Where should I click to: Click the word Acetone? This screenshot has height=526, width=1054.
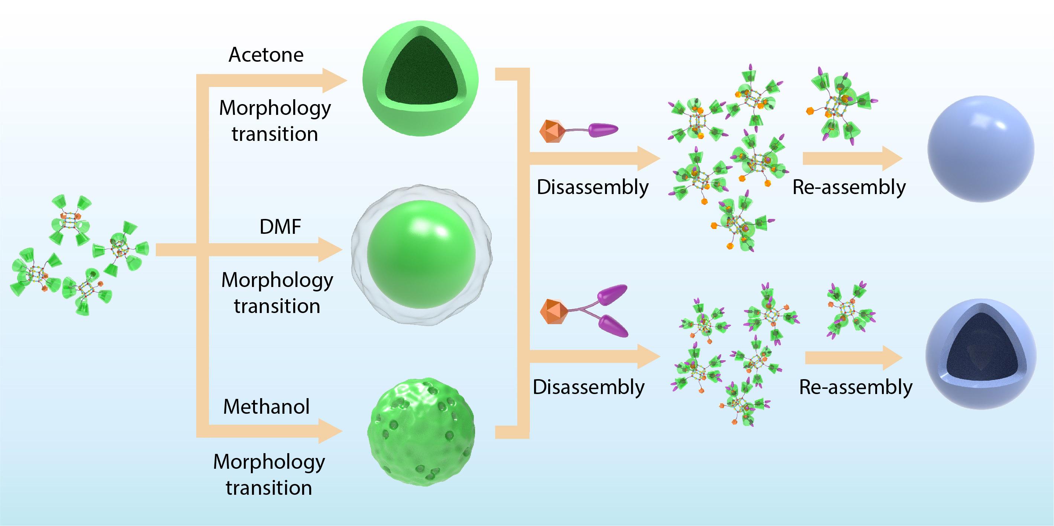(x=266, y=55)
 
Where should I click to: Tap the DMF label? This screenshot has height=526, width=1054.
(x=280, y=227)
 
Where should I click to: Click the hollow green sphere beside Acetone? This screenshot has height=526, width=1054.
(x=420, y=78)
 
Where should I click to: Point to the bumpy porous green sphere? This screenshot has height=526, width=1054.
(x=421, y=432)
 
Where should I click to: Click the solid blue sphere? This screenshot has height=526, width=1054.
(x=980, y=149)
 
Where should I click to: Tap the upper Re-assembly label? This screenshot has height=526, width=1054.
(x=849, y=187)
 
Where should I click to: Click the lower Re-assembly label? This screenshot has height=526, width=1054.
(x=856, y=387)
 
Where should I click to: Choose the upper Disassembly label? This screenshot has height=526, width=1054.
(x=592, y=187)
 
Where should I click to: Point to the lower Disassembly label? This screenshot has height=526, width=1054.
(x=588, y=387)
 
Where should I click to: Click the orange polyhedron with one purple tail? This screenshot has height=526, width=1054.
(x=552, y=131)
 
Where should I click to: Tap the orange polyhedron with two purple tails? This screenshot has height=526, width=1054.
(x=553, y=311)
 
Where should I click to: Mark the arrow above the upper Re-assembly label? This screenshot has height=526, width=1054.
(x=852, y=158)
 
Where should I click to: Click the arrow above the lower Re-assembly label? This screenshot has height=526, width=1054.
(x=853, y=358)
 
